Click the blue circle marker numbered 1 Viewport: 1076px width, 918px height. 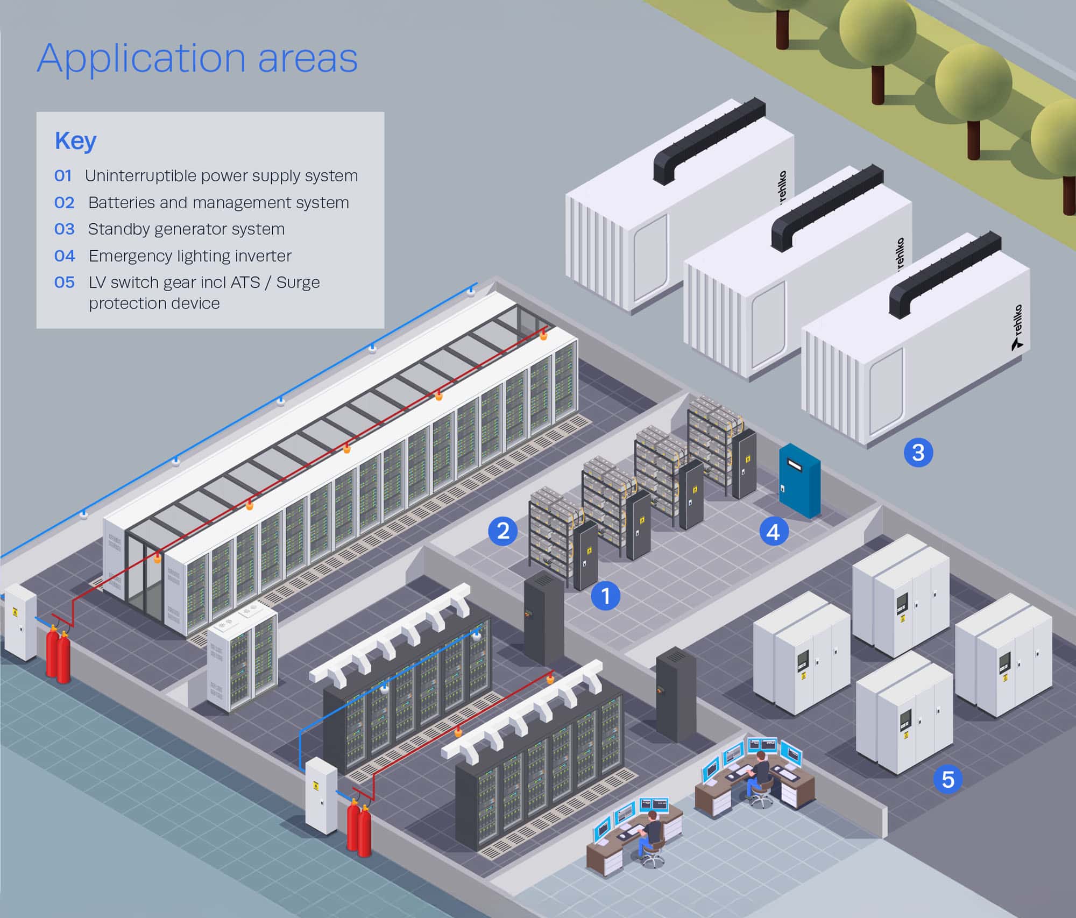coord(606,596)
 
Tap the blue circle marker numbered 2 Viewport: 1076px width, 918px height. coord(502,531)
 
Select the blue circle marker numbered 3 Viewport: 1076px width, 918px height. coord(918,452)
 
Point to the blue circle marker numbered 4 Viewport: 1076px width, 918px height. coord(774,532)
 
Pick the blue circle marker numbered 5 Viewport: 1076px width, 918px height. coord(947,779)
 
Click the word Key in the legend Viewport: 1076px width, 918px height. coord(75,141)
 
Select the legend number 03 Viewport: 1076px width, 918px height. coord(65,229)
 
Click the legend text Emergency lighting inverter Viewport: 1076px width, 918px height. coord(190,256)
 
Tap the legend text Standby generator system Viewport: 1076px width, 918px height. coord(186,229)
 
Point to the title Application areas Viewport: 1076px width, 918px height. coord(197,58)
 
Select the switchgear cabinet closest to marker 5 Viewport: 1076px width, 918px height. coord(904,716)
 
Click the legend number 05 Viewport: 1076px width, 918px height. coord(65,283)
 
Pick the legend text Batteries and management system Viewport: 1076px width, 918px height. coord(218,203)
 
